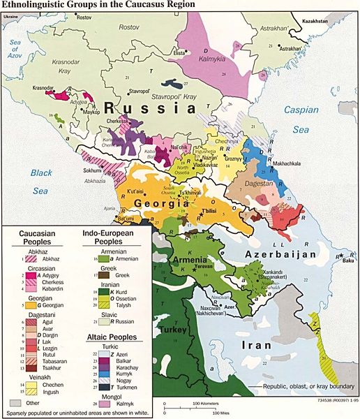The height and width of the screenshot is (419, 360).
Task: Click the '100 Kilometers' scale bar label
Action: [x=205, y=404]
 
